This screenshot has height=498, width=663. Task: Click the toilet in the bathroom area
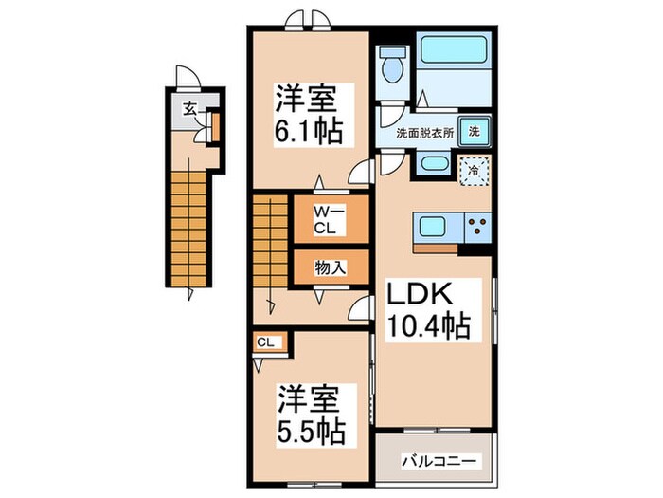392,68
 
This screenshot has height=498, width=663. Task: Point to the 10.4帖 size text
427,327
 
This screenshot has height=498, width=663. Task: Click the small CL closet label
266,342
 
